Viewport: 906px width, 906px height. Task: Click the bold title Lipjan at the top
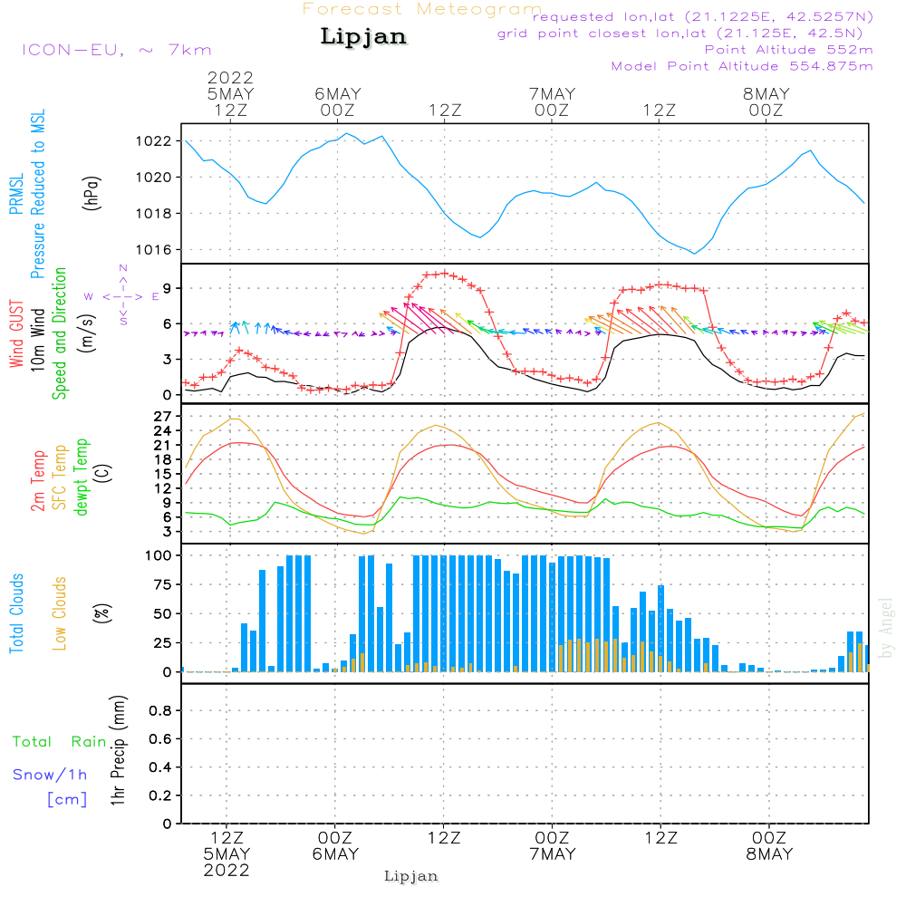click(x=363, y=36)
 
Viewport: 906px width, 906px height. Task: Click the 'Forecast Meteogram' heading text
click(x=422, y=9)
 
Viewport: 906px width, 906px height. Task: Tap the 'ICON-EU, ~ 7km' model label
click(x=116, y=50)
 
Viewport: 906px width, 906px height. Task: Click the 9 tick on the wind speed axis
click(x=167, y=288)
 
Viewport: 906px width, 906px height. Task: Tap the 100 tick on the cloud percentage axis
click(x=159, y=554)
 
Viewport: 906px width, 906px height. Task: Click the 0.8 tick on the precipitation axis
click(x=160, y=711)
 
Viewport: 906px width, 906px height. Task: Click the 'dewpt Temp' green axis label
click(x=82, y=477)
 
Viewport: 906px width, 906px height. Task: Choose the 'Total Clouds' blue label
click(x=16, y=613)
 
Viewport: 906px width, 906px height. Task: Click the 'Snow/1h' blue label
click(x=51, y=775)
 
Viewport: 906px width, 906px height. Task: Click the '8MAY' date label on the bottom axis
click(x=769, y=854)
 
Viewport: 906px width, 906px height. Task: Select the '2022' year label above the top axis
click(x=231, y=78)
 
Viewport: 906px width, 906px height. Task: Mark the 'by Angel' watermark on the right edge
click(x=886, y=627)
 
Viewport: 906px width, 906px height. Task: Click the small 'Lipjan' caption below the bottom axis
click(x=411, y=876)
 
